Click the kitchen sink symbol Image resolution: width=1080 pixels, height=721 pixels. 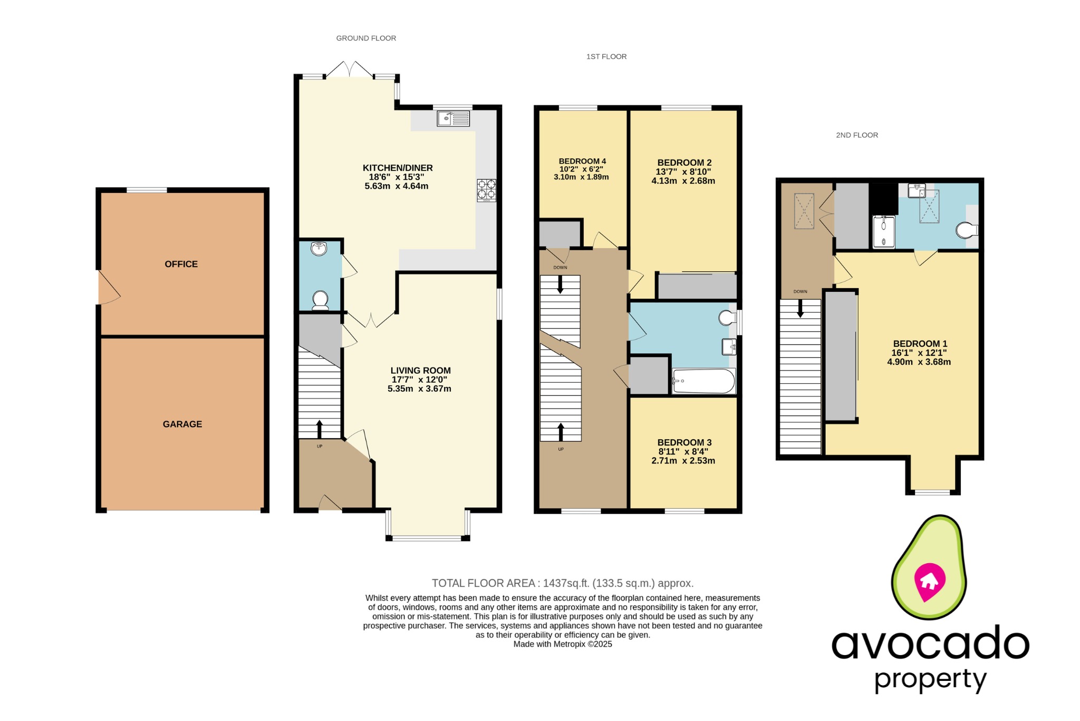[x=453, y=118]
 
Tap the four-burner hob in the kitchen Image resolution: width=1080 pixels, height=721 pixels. [x=486, y=191]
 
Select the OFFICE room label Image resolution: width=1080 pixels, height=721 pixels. [x=181, y=264]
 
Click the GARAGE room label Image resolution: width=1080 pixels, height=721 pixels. [x=182, y=424]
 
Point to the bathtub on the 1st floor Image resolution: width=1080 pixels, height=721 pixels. [x=703, y=381]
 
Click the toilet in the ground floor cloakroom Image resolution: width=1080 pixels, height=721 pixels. [x=320, y=300]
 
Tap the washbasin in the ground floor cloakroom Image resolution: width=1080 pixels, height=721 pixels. [x=319, y=249]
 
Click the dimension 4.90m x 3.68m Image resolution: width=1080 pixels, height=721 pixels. [x=919, y=362]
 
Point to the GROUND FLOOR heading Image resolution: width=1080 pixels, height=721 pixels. [x=366, y=38]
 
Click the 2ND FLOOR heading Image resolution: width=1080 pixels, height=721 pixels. [x=857, y=135]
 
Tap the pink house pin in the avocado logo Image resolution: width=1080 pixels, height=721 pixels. [x=929, y=581]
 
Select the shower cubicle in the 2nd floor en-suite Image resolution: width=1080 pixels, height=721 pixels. [x=884, y=232]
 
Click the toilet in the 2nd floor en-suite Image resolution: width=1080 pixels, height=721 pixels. [x=966, y=230]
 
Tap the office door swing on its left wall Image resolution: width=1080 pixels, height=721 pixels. [x=108, y=288]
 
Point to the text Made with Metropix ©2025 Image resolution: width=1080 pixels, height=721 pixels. [x=562, y=644]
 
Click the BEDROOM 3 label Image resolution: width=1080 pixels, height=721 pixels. [x=684, y=442]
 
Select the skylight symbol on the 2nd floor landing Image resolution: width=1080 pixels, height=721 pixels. [x=804, y=211]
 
